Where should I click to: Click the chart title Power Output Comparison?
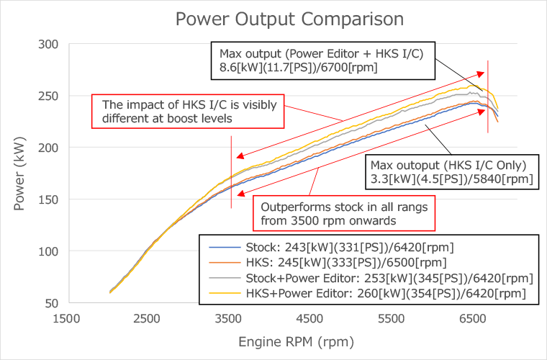click(x=273, y=17)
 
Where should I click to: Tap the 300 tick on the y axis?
click(x=48, y=45)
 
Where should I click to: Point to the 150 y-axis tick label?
click(x=48, y=199)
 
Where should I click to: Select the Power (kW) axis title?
click(x=19, y=173)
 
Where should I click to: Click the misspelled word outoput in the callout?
click(x=423, y=163)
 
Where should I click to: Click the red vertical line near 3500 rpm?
click(x=232, y=173)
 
